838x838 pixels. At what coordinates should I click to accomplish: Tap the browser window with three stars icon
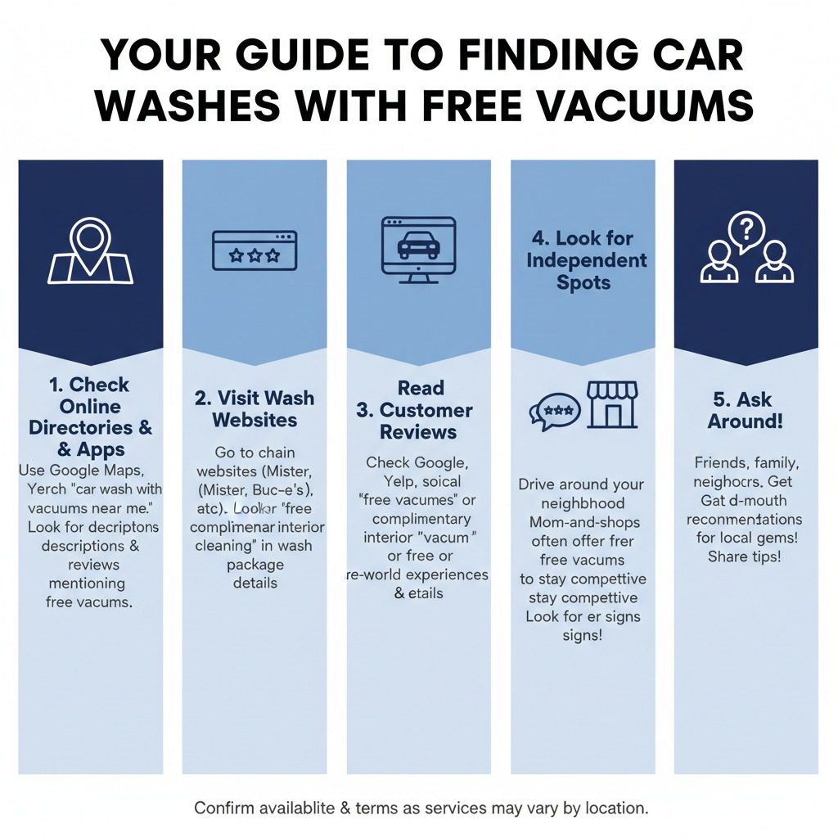(x=255, y=250)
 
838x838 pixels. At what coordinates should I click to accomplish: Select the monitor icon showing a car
(x=418, y=250)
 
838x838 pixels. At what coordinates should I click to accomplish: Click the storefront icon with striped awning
(x=612, y=404)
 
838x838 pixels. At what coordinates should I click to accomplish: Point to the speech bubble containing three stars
(x=556, y=411)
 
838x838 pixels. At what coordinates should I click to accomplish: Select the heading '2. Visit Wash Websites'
(x=255, y=408)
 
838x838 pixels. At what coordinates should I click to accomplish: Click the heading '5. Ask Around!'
(x=746, y=410)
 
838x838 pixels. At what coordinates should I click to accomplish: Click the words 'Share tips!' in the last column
(x=744, y=556)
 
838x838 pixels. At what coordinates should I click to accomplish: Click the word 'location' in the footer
(x=615, y=808)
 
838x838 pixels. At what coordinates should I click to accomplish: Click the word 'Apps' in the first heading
(x=101, y=449)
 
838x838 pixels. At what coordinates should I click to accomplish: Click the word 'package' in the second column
(x=255, y=565)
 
